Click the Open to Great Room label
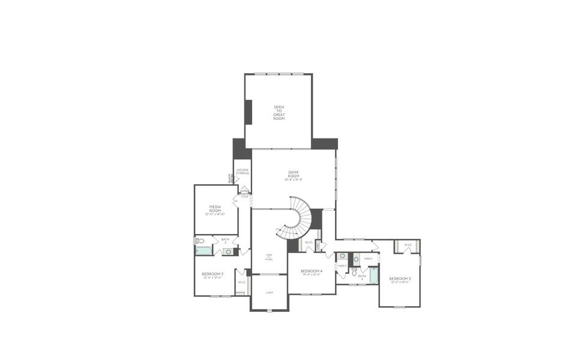click(279, 113)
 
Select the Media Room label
click(216, 208)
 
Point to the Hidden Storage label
click(243, 172)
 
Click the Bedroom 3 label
click(213, 275)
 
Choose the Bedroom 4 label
click(312, 272)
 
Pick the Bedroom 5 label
click(400, 280)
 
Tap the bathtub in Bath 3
click(205, 251)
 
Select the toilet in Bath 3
click(199, 241)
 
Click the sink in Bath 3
click(228, 252)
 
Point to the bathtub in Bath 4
click(373, 275)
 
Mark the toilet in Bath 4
click(355, 273)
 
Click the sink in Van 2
click(342, 256)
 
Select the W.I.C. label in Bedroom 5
click(408, 245)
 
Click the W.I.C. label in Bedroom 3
click(242, 282)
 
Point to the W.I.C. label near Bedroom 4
click(308, 243)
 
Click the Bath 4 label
click(362, 278)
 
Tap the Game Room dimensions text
click(294, 179)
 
